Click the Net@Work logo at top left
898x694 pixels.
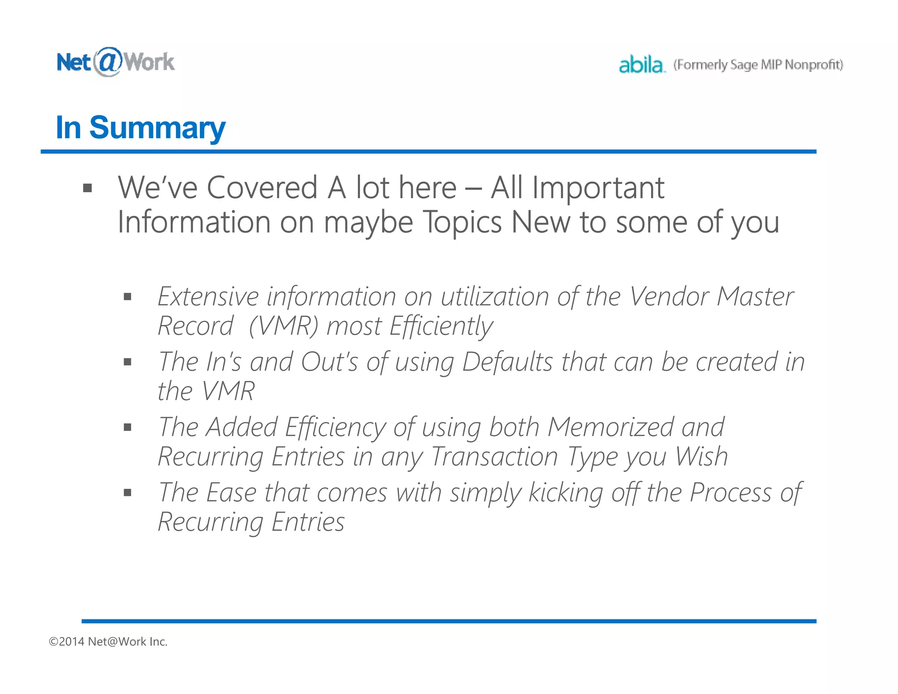(115, 62)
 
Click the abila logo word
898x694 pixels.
(641, 65)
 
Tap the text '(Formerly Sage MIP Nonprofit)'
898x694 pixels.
(758, 65)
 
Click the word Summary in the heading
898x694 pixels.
(157, 128)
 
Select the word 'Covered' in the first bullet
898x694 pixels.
(262, 188)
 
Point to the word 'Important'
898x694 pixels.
(598, 188)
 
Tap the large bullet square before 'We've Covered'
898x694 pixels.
(88, 189)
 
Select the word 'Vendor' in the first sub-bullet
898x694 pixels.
(669, 297)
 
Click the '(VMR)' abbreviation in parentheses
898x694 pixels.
(283, 326)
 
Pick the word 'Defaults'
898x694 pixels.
(507, 362)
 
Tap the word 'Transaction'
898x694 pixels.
(494, 457)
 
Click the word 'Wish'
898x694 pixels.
(701, 457)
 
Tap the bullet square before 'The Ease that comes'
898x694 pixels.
(128, 493)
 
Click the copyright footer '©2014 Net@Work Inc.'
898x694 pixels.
(108, 641)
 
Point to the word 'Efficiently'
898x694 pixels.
(441, 326)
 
